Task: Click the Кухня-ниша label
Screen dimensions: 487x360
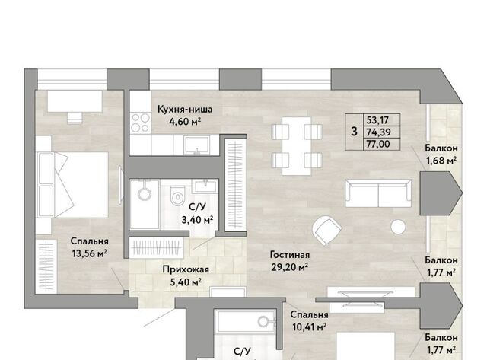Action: [x=185, y=110]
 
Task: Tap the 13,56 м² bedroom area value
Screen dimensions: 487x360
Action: [x=90, y=253]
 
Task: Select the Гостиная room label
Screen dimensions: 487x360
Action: [x=290, y=255]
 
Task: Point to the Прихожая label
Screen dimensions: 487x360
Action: [x=186, y=269]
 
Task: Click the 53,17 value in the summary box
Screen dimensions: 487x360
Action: [x=377, y=119]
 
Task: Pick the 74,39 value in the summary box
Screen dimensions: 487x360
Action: [x=378, y=132]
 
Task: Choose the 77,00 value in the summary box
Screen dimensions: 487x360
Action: [x=378, y=144]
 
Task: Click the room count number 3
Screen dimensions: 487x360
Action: [x=354, y=132]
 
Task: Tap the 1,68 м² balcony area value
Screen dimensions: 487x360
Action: [x=441, y=161]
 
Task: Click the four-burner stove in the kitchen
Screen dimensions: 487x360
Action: [x=140, y=123]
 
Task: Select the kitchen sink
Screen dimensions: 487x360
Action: [x=196, y=145]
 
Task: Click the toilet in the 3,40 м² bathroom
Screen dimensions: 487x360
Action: [x=177, y=195]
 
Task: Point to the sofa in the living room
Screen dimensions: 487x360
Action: [x=378, y=193]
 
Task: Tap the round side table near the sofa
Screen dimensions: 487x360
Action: [x=398, y=227]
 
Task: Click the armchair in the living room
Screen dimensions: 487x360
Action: [x=327, y=230]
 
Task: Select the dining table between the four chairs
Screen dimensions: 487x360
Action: [x=296, y=146]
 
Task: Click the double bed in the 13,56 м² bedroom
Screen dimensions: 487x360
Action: [x=72, y=185]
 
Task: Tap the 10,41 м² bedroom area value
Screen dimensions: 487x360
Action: [x=309, y=327]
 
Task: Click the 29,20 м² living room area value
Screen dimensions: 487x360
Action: [x=289, y=267]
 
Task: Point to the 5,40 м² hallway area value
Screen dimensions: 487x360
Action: [x=186, y=282]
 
